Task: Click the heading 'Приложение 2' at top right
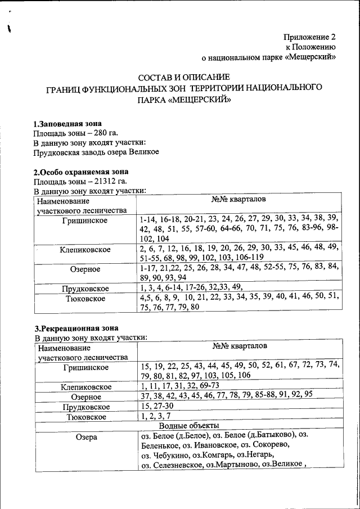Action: pyautogui.click(x=310, y=37)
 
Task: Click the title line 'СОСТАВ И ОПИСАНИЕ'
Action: pyautogui.click(x=184, y=77)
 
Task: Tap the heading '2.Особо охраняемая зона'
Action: pyautogui.click(x=81, y=172)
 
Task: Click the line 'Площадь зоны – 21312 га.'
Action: pyautogui.click(x=79, y=181)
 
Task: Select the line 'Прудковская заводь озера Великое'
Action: pyautogui.click(x=96, y=152)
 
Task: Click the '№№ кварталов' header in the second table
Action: pyautogui.click(x=240, y=346)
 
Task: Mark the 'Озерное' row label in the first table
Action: pyautogui.click(x=85, y=269)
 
